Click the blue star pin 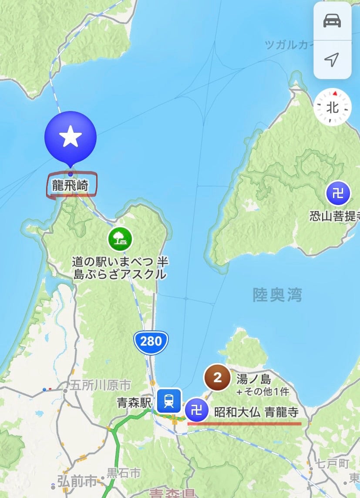coord(70,137)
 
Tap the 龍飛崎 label coord(70,186)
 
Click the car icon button coord(332,21)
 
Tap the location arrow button coord(332,60)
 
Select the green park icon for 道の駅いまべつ coord(121,239)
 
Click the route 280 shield coord(151,341)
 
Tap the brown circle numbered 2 coord(217,378)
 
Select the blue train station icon coord(169,400)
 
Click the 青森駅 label coord(134,403)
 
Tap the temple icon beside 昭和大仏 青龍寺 coord(197,410)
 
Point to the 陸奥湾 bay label coord(277,295)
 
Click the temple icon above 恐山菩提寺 coord(338,193)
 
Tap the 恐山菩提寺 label coord(334,216)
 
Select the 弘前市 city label coord(77,482)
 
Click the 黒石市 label coord(124,472)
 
